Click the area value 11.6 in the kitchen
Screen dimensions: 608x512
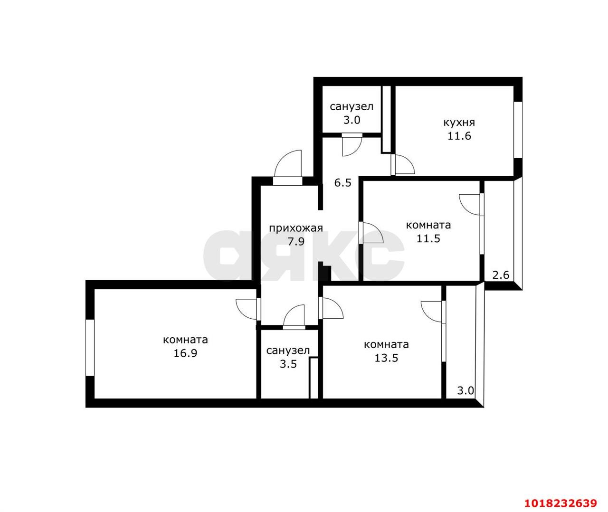click(459, 136)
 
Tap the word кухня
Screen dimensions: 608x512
click(459, 123)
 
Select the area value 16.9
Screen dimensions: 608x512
click(185, 353)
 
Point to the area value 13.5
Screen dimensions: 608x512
click(386, 358)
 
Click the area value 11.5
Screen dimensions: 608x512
click(428, 238)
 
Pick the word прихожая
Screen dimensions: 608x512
click(296, 228)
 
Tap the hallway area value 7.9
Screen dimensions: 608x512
click(296, 241)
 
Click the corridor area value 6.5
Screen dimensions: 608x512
click(343, 182)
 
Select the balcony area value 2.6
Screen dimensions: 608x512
click(501, 275)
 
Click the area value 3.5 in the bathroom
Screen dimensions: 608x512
click(288, 364)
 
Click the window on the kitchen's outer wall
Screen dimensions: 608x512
click(518, 130)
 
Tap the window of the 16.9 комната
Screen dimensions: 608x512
click(90, 348)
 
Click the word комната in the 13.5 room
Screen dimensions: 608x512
click(386, 344)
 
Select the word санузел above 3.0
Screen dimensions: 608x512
click(351, 106)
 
